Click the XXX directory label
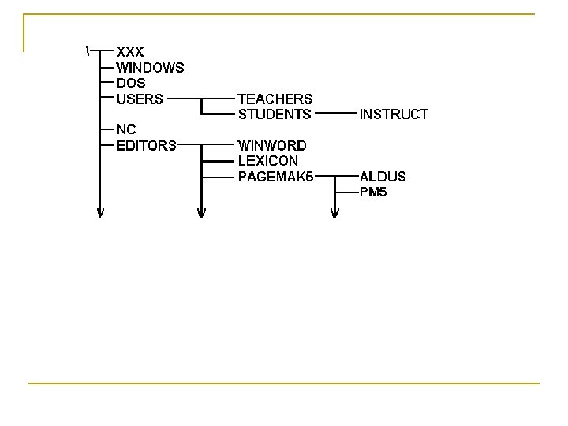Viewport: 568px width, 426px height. pyautogui.click(x=130, y=52)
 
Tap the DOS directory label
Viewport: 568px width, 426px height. pyautogui.click(x=130, y=83)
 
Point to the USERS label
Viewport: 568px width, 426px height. pyautogui.click(x=140, y=99)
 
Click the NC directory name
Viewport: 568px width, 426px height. pyautogui.click(x=125, y=129)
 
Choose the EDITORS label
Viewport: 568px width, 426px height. pyautogui.click(x=146, y=145)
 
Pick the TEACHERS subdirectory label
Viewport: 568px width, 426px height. pyautogui.click(x=275, y=99)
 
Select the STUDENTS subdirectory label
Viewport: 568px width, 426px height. pyautogui.click(x=275, y=114)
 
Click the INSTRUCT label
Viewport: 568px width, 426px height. pyautogui.click(x=394, y=114)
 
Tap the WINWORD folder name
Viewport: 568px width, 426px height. pyautogui.click(x=272, y=145)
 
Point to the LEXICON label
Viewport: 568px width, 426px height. pyautogui.click(x=268, y=161)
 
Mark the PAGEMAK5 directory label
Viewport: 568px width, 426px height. pyautogui.click(x=275, y=177)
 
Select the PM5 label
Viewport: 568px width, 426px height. pyautogui.click(x=373, y=192)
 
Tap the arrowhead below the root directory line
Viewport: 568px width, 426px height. pyautogui.click(x=100, y=211)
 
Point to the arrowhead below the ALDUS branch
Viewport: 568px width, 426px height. pyautogui.click(x=335, y=211)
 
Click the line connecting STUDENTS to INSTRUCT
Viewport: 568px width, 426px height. pyautogui.click(x=334, y=114)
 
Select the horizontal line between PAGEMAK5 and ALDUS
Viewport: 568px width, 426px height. pyautogui.click(x=334, y=177)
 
